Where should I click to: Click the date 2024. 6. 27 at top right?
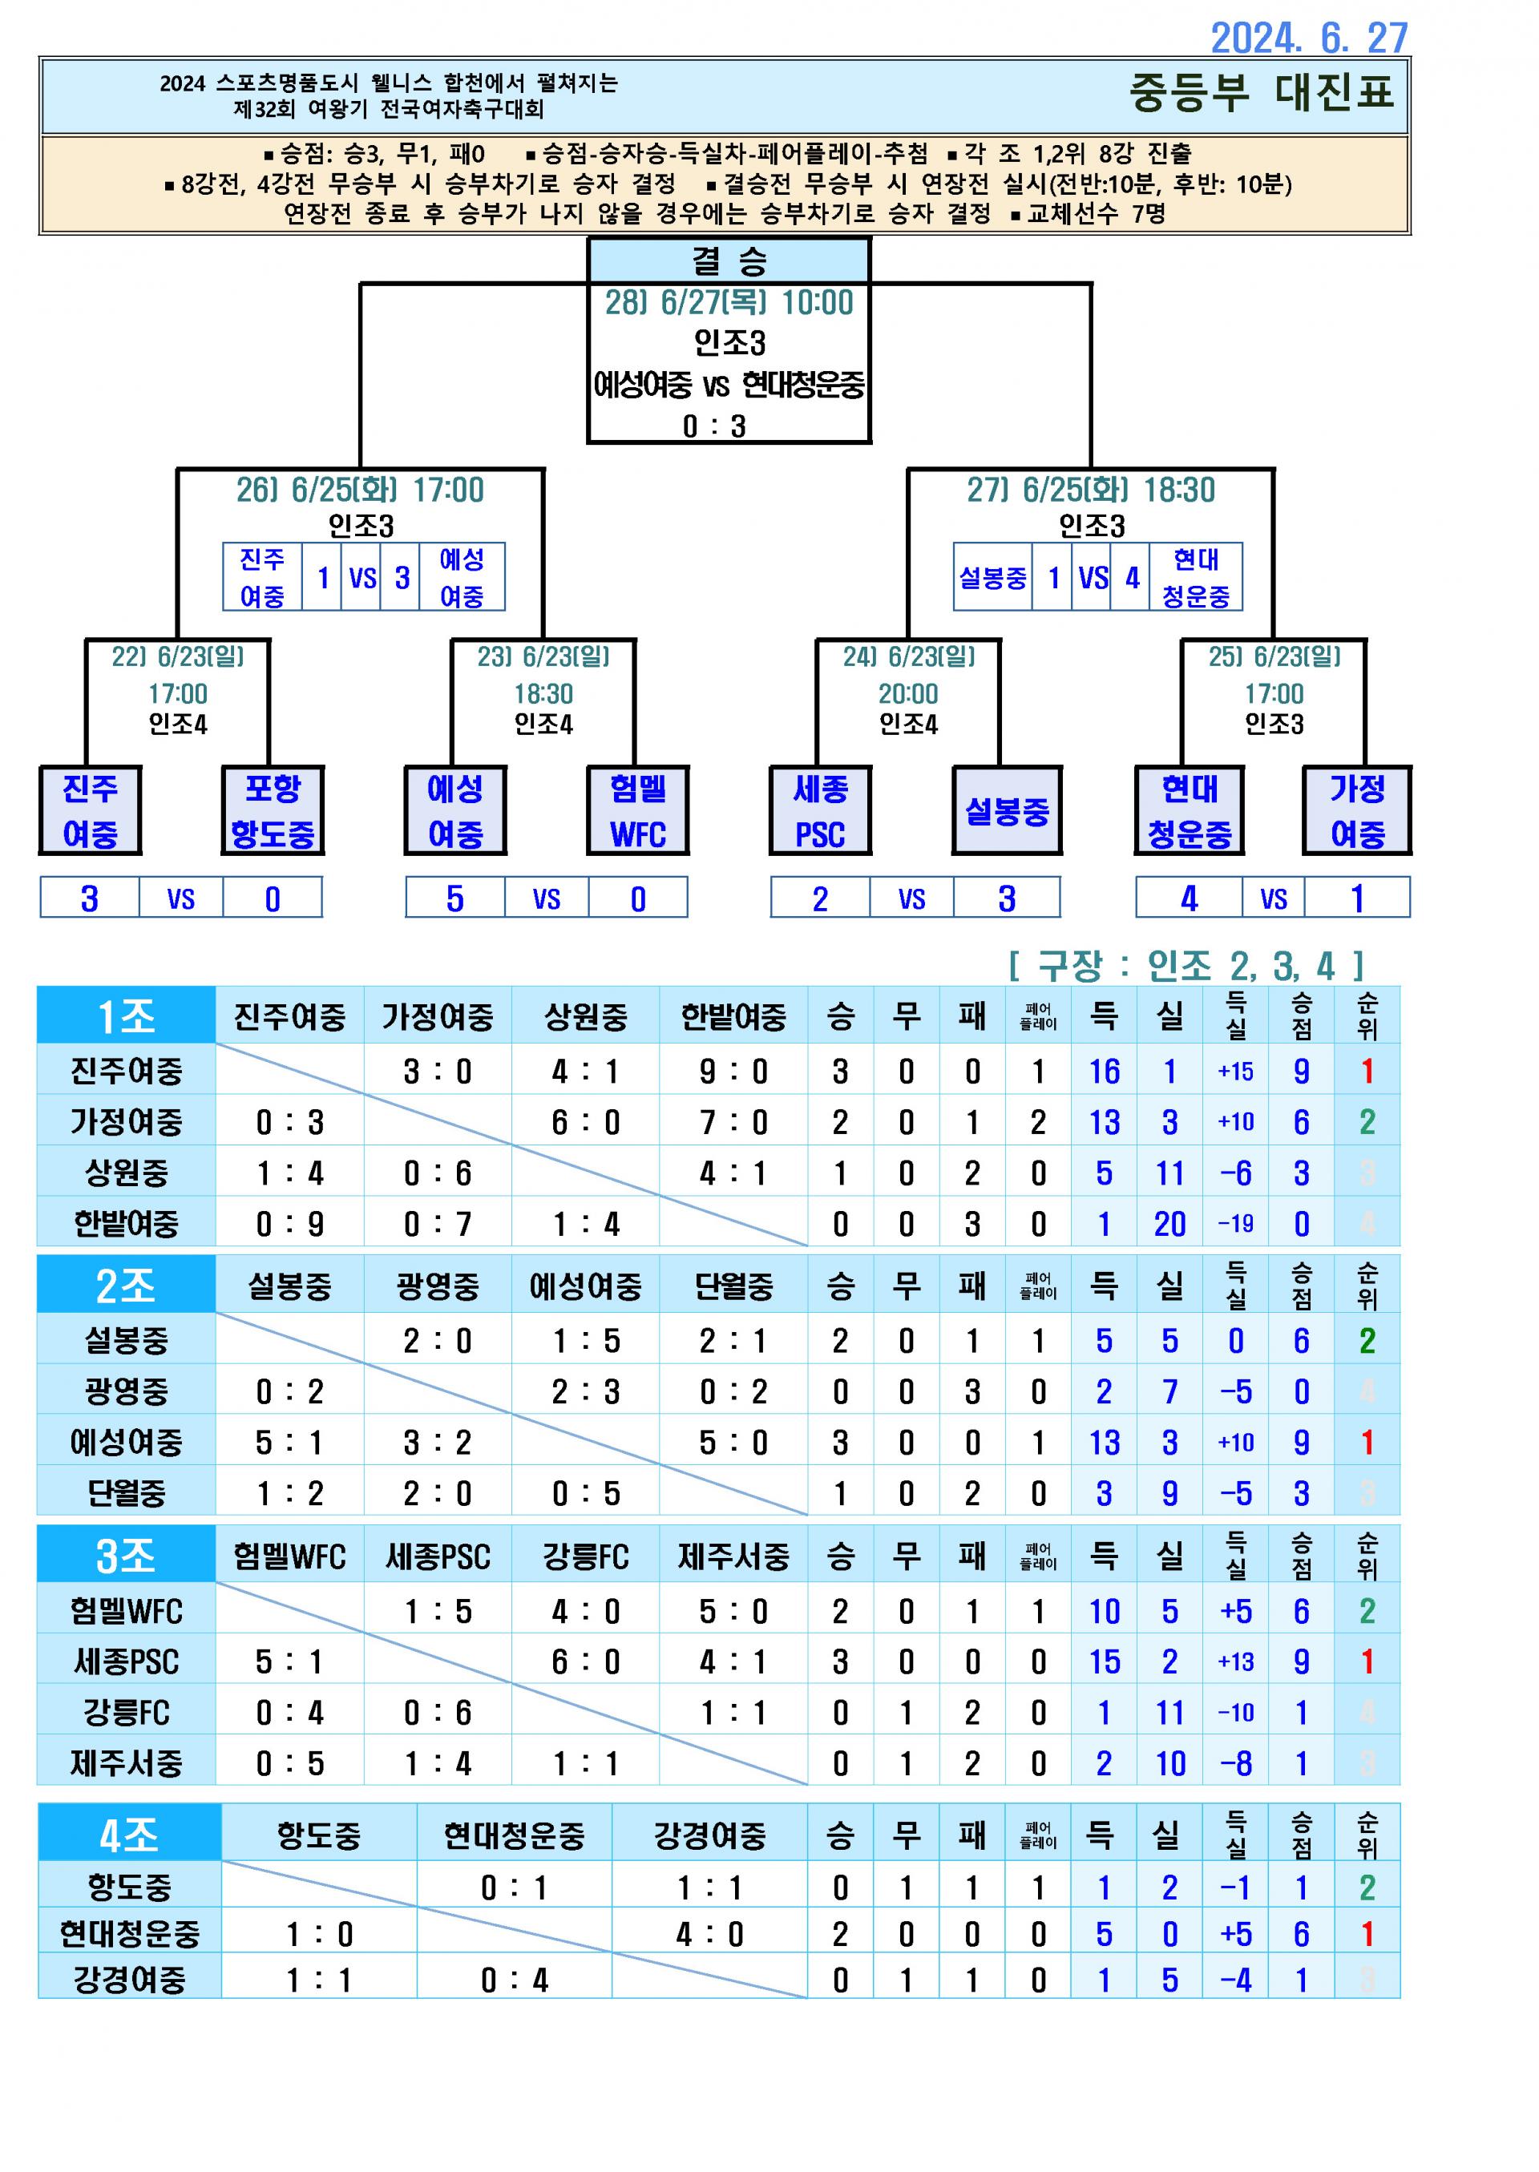1309,38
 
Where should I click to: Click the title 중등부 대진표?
1260,93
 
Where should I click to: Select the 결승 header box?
728,260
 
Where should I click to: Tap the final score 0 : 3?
714,426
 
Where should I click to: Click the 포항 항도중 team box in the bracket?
273,811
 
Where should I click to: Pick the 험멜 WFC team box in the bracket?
638,811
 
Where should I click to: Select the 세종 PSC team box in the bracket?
820,811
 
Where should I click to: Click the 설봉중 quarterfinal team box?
1007,811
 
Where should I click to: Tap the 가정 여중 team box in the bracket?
1357,811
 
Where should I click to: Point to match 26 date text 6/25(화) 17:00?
360,490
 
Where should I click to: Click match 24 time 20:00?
908,693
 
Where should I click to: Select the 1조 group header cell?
126,1016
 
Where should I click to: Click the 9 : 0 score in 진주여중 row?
733,1072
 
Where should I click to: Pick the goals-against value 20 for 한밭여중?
1169,1225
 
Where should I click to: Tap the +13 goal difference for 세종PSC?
1236,1661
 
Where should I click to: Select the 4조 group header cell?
129,1835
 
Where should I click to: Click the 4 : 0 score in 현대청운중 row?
709,1934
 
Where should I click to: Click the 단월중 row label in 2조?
126,1493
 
